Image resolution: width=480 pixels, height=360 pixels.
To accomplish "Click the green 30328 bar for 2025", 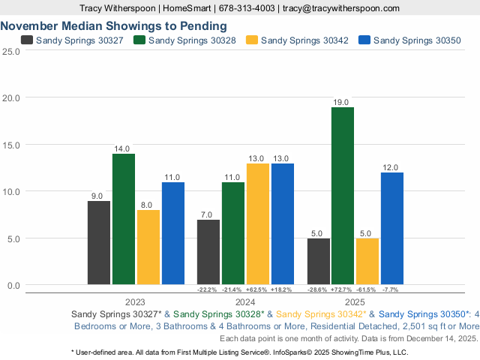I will [343, 196].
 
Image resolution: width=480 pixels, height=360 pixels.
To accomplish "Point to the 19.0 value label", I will [343, 102].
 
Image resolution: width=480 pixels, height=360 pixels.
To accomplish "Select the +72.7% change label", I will [342, 289].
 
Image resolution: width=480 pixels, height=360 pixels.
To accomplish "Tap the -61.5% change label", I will [367, 289].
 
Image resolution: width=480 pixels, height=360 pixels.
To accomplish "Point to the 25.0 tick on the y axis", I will [10, 51].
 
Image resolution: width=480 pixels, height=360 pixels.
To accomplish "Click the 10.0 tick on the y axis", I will [10, 191].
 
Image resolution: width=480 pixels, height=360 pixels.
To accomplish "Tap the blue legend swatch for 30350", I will [365, 40].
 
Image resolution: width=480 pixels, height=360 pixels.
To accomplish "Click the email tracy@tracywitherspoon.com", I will [340, 8].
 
